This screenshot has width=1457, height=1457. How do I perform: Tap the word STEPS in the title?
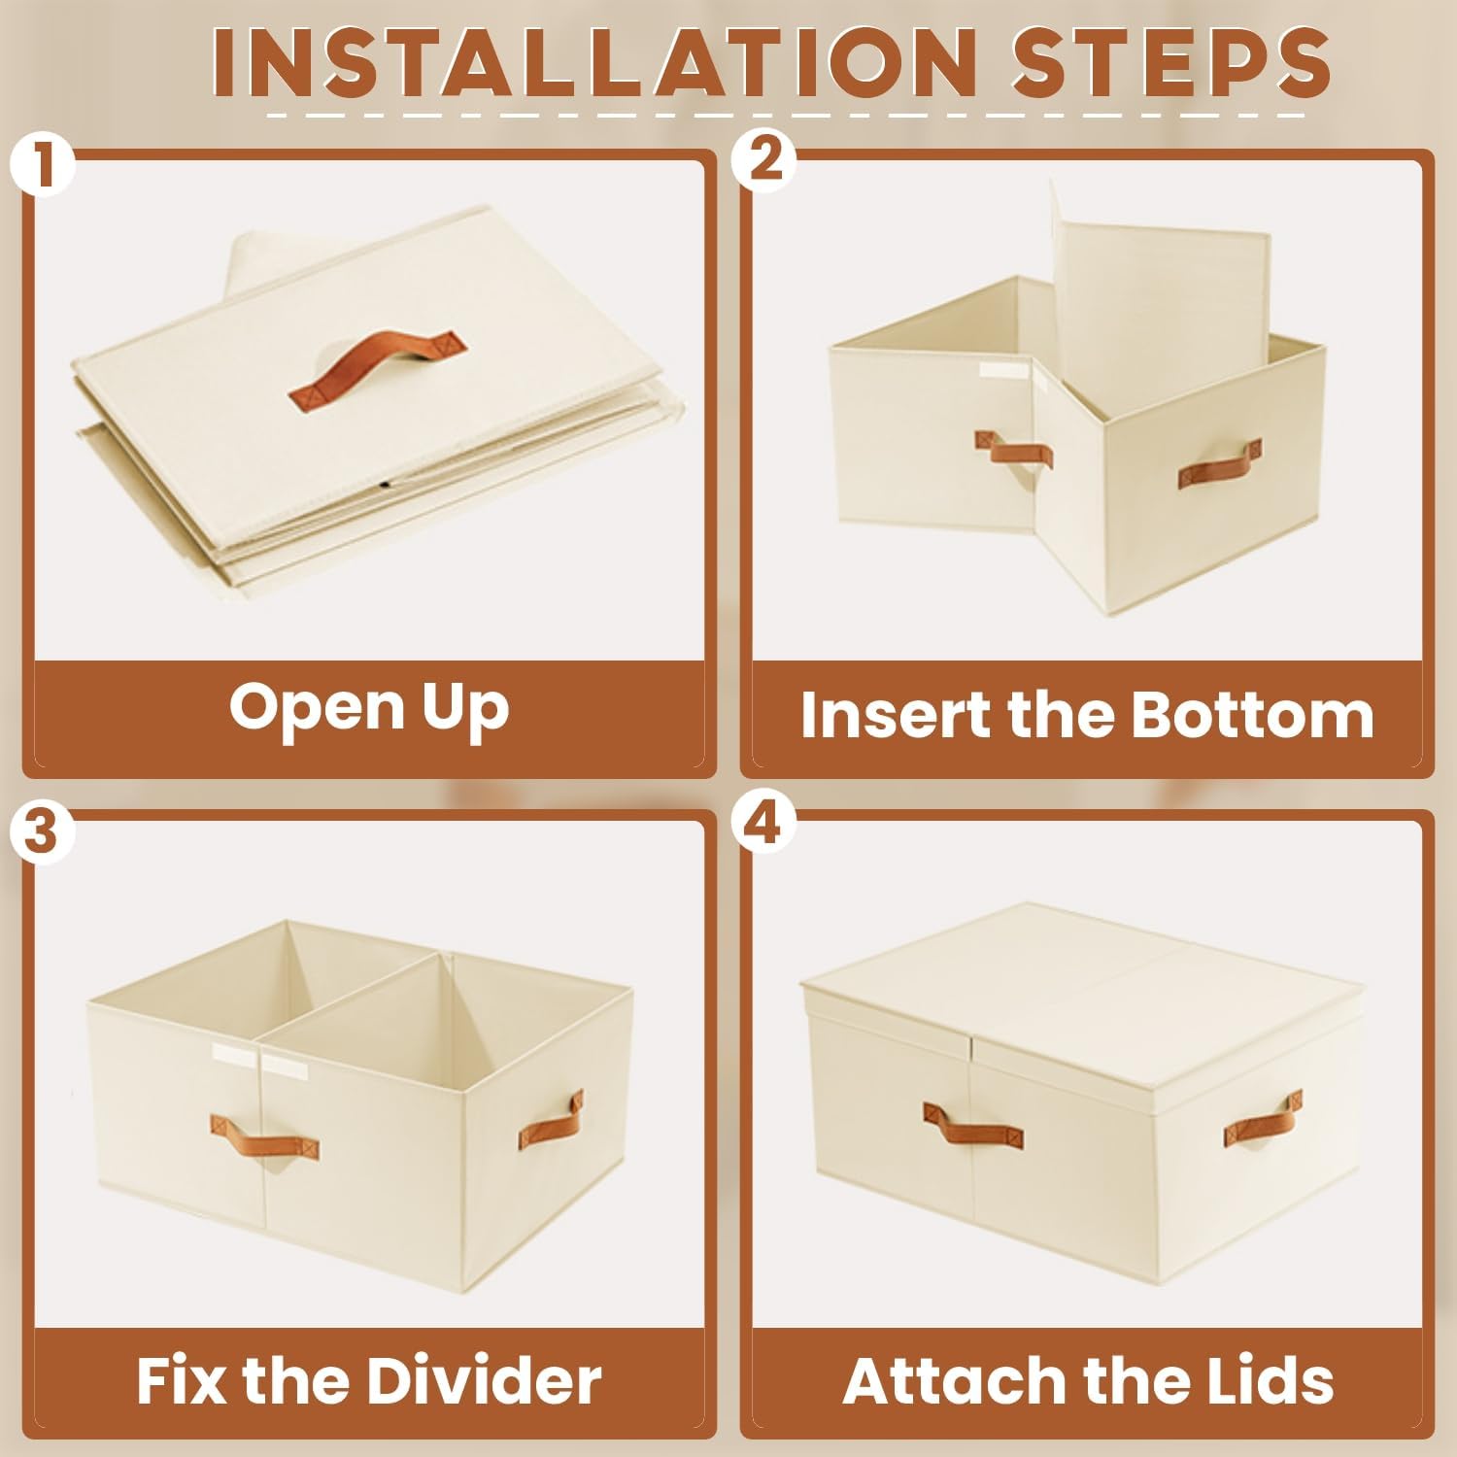click(x=1170, y=62)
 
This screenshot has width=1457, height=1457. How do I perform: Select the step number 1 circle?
click(x=42, y=163)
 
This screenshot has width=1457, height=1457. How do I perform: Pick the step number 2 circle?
click(x=764, y=158)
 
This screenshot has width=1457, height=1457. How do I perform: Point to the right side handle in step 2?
click(x=1220, y=464)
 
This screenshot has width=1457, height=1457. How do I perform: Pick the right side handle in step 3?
click(x=551, y=1119)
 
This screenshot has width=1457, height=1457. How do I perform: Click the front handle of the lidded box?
click(x=972, y=1125)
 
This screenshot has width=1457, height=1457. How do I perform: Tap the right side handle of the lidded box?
click(x=1262, y=1119)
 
